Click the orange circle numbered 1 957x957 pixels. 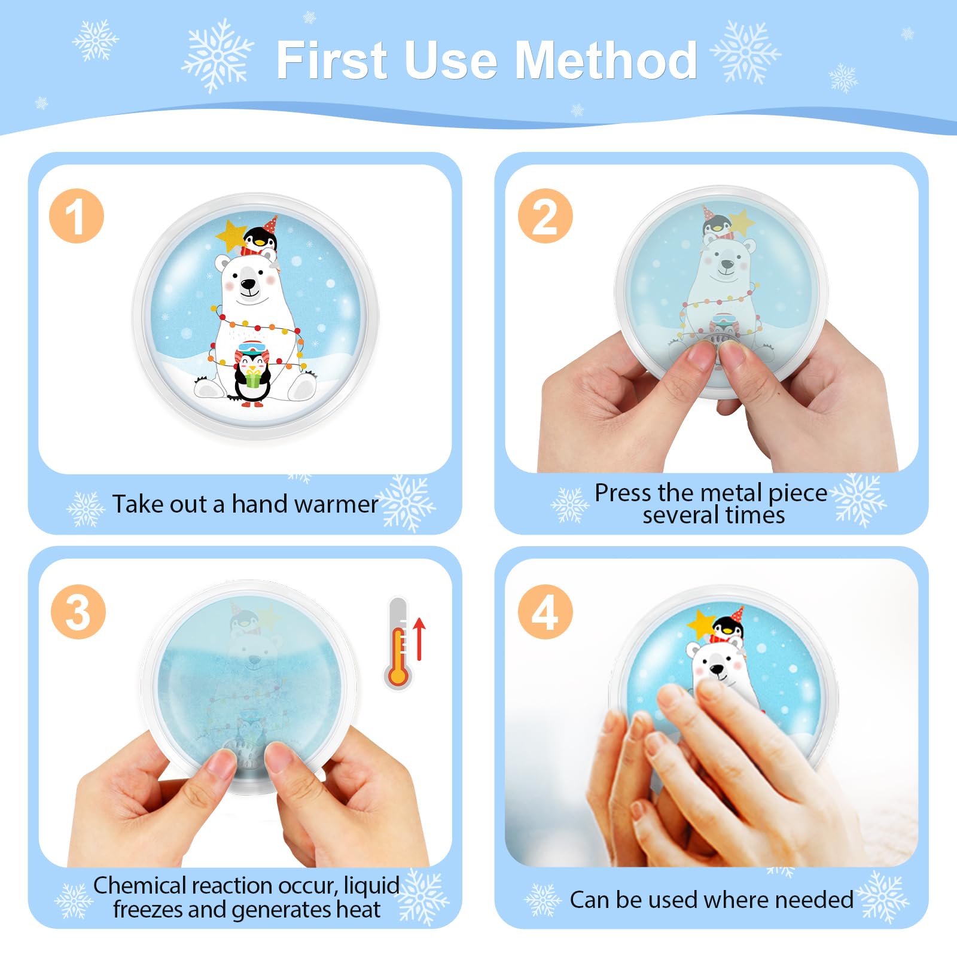[77, 216]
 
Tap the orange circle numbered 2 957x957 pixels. [545, 216]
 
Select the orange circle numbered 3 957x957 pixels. [78, 612]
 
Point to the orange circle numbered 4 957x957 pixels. [545, 612]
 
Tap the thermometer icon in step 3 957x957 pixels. [398, 642]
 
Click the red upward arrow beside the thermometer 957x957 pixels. [419, 639]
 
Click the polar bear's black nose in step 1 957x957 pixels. [247, 284]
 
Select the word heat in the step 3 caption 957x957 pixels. [358, 910]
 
